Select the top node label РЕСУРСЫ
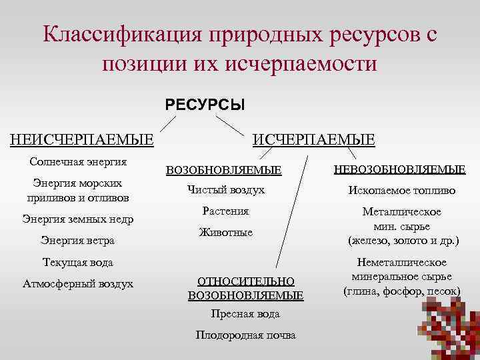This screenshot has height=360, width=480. (205, 105)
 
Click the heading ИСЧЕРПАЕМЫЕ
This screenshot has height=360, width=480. (313, 139)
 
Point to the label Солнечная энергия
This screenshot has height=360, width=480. (79, 162)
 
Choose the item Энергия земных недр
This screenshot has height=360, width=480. (78, 219)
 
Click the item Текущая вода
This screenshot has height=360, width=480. (78, 262)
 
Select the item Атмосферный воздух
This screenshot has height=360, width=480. (78, 283)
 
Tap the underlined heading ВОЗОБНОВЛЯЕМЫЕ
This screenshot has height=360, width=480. (223, 170)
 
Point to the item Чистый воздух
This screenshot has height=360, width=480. (225, 190)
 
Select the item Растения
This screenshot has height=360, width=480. (225, 211)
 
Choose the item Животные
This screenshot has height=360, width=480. (226, 233)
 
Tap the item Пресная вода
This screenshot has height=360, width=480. (245, 313)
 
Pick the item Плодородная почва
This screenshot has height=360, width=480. (245, 335)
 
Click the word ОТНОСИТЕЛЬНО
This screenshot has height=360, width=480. (245, 281)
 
